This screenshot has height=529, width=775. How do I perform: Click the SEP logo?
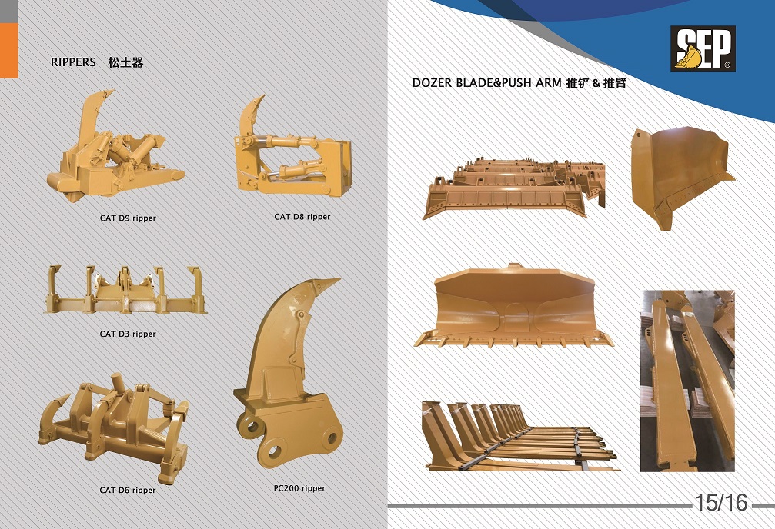pos(703,48)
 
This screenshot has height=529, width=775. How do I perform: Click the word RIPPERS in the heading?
pos(73,62)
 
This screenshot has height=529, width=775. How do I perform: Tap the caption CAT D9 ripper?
pos(128,218)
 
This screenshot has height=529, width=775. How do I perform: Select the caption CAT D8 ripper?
pos(302,216)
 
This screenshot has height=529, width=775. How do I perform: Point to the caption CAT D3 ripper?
pos(128,334)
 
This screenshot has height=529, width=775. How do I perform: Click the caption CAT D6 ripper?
pos(128,490)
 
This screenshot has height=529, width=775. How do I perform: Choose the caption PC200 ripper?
pos(299,488)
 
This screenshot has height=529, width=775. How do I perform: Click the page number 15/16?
pos(721,502)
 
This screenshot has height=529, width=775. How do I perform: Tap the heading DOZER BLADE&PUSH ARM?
pos(487,83)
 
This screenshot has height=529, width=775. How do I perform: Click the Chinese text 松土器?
pos(125,62)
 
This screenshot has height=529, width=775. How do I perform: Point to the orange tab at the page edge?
pos(9,51)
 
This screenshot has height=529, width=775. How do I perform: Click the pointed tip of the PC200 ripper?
pos(339,280)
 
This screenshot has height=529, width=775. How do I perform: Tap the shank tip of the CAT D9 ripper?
pos(112,91)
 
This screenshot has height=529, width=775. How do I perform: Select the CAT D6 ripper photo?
pos(114,428)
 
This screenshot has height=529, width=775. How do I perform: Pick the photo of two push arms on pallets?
pos(687,381)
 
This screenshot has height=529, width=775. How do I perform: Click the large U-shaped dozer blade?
pos(513,306)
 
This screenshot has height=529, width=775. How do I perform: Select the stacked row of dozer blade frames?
pos(514,188)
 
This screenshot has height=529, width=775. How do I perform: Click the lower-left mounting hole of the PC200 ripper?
pos(273,450)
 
